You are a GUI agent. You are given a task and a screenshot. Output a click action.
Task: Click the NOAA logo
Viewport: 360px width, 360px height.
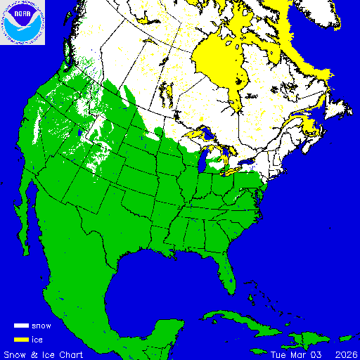pyautogui.click(x=23, y=23)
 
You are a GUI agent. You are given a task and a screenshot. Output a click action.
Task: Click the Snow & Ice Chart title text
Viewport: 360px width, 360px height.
pyautogui.click(x=44, y=354)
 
